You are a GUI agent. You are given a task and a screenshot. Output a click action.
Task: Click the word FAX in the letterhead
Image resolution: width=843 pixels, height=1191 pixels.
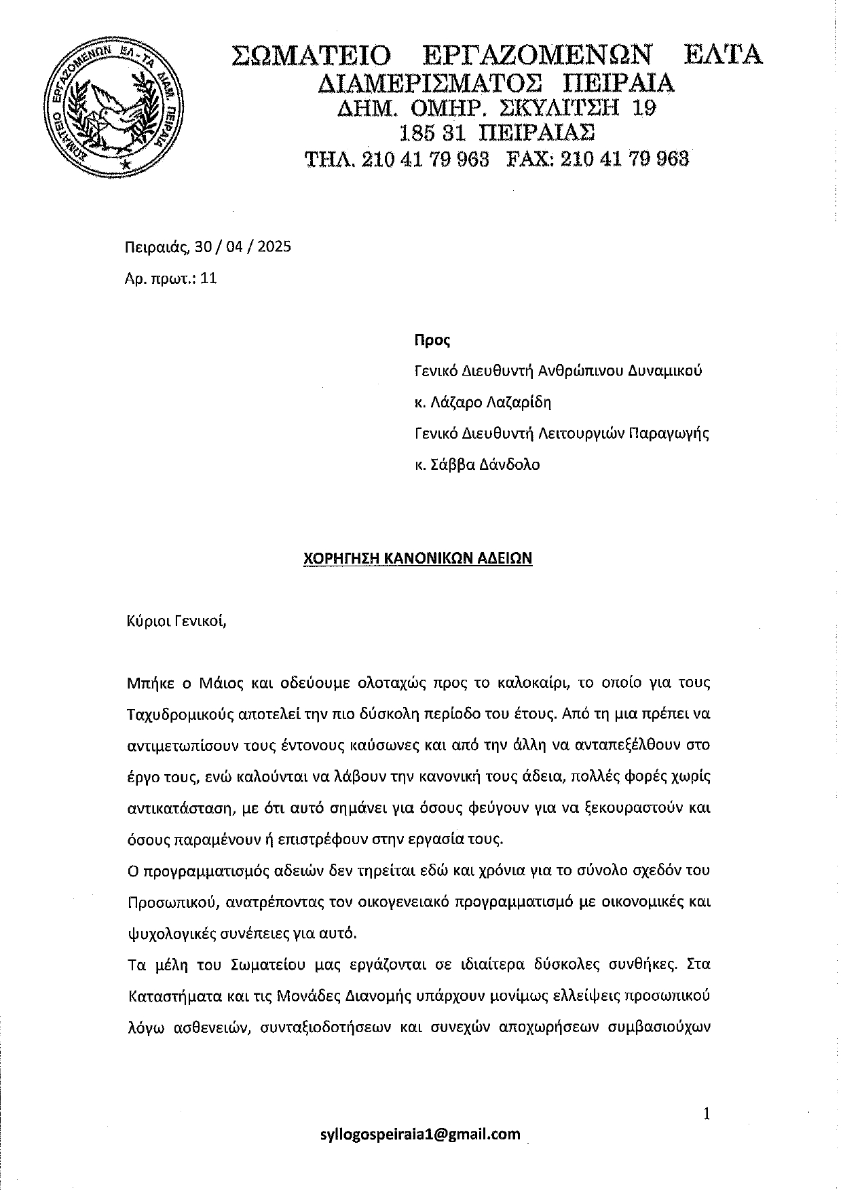coord(530,159)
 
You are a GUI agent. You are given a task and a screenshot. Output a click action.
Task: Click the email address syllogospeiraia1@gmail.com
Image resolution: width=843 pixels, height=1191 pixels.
coord(421,1134)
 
